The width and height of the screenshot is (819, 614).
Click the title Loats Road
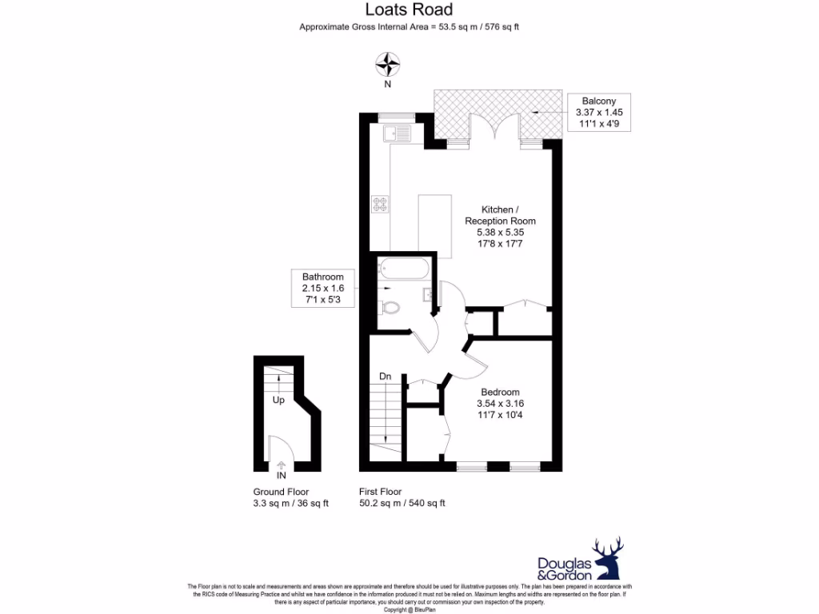tap(409, 10)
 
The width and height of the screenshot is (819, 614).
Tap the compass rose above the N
tap(388, 63)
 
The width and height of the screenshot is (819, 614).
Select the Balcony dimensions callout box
tap(598, 113)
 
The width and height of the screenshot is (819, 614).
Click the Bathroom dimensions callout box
tap(322, 289)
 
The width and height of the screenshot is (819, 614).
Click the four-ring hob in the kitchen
tap(380, 204)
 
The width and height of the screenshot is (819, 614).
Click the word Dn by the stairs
tap(385, 376)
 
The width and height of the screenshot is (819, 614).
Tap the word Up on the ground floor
tap(278, 399)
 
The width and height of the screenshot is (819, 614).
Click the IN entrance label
tap(281, 475)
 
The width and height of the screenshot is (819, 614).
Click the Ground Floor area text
tap(290, 497)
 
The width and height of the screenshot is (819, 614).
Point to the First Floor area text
tap(402, 497)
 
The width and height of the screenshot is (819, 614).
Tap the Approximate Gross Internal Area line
tap(409, 27)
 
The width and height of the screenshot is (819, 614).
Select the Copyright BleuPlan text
tap(409, 609)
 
